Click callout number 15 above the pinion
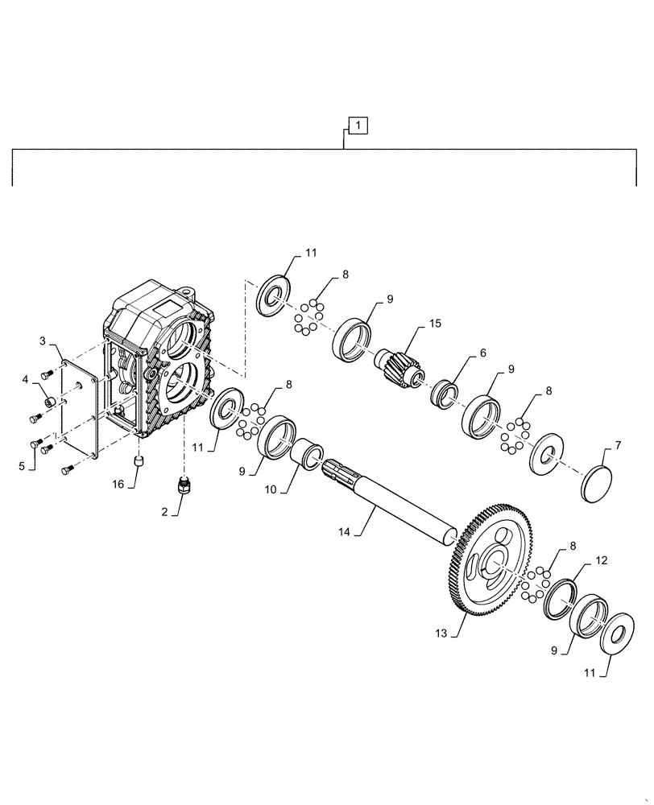tap(435, 323)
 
